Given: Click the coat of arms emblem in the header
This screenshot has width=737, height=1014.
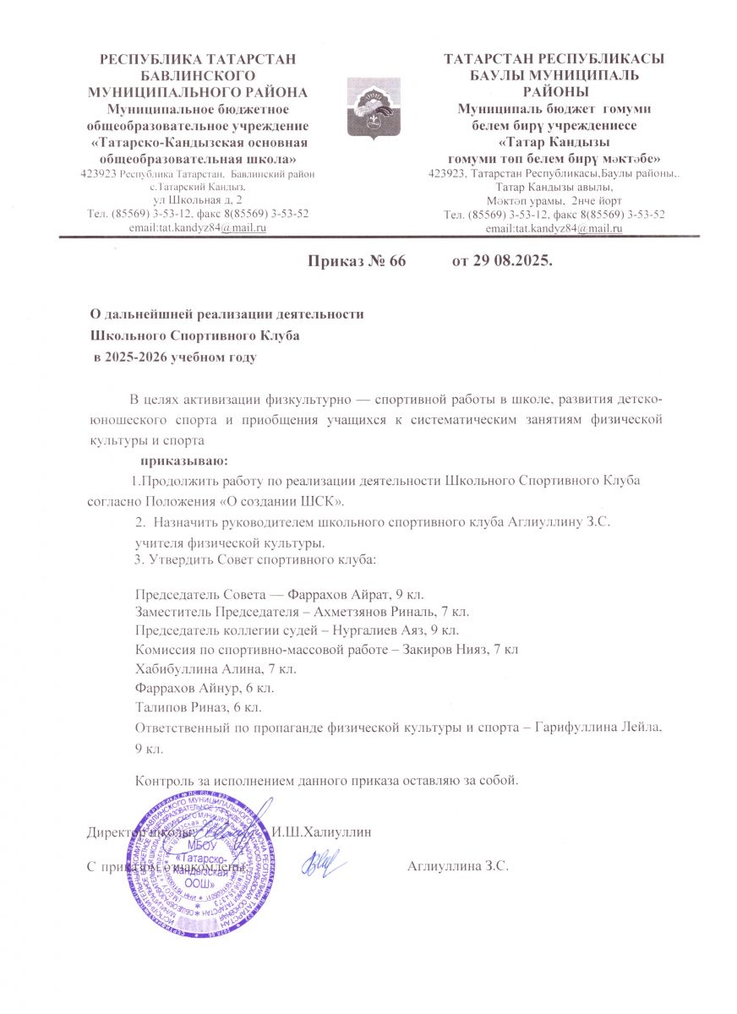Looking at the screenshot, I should coord(368,107).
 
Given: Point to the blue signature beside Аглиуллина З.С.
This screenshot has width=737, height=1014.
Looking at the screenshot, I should coord(322,863).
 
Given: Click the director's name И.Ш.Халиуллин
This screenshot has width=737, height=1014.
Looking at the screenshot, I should coord(321,831).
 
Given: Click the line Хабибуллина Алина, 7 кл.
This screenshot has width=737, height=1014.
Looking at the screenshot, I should coord(216,668).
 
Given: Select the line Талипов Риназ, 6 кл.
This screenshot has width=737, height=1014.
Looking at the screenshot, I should coord(199,705).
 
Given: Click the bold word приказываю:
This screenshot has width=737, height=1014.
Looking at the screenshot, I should coord(183,461).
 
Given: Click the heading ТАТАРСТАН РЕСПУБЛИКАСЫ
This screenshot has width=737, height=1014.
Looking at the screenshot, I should coord(554,58).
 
